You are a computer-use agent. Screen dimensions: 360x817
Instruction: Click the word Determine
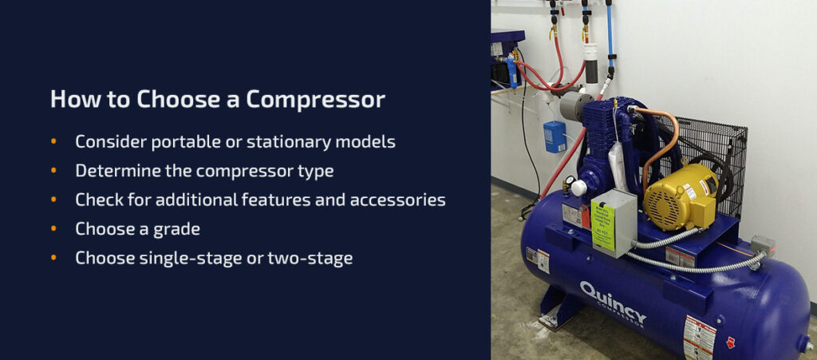pyautogui.click(x=117, y=171)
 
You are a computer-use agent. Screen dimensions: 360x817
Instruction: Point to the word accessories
pyautogui.click(x=397, y=200)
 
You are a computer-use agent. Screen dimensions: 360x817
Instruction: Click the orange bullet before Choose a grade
pyautogui.click(x=54, y=229)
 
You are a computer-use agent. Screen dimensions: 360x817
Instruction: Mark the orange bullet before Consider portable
pyautogui.click(x=54, y=142)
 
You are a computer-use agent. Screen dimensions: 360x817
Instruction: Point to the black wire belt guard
pyautogui.click(x=718, y=152)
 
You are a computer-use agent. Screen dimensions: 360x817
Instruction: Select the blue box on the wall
pyautogui.click(x=555, y=136)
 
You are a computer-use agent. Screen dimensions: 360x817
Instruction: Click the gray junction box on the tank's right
pyautogui.click(x=762, y=245)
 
